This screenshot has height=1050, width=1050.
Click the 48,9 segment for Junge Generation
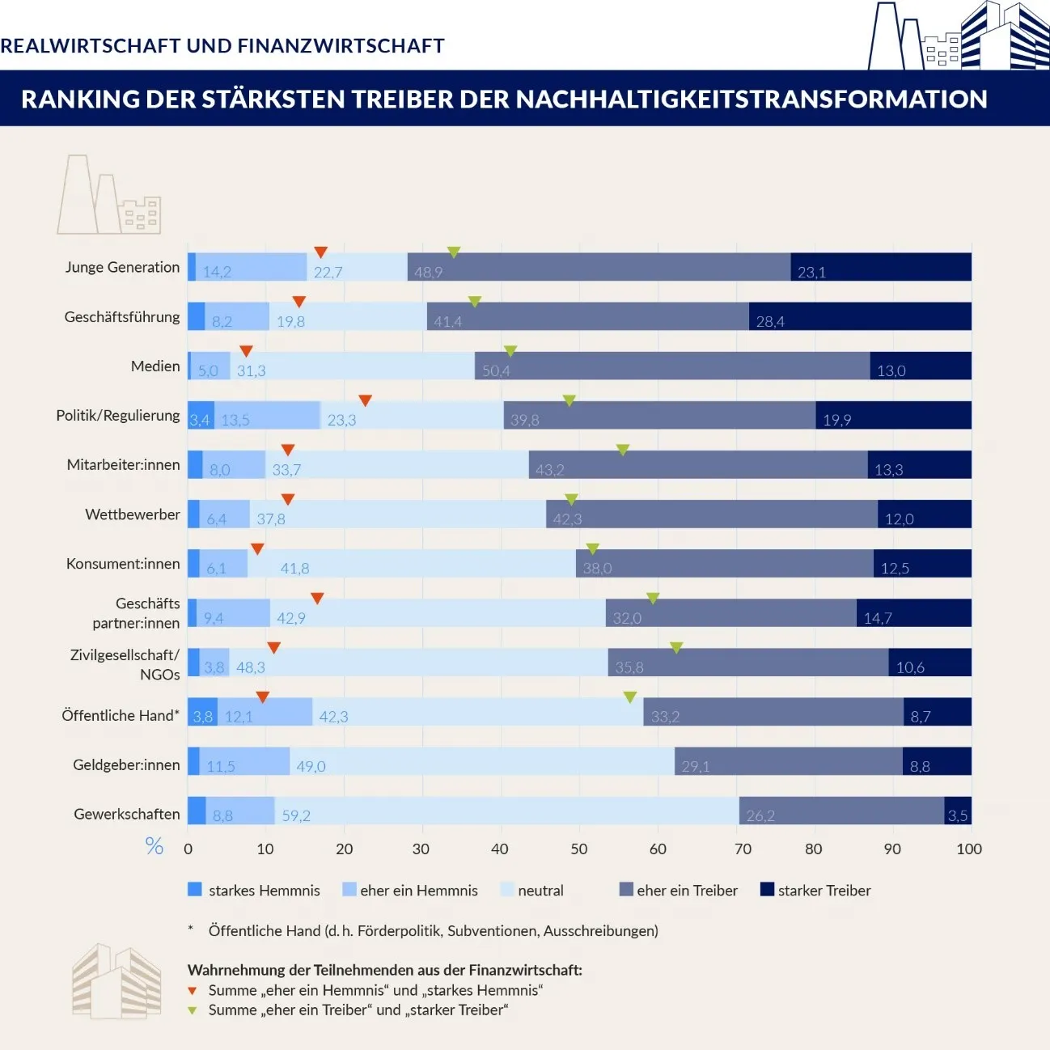599,267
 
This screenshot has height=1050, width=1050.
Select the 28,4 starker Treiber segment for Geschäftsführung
860,316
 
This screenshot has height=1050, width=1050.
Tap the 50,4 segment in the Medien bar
672,366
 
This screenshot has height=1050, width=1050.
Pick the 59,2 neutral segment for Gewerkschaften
506,811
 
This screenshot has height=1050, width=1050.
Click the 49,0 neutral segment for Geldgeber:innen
482,761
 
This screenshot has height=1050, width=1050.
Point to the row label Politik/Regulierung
118,415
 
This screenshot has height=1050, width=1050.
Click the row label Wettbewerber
133,514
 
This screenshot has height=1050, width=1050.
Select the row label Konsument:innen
123,564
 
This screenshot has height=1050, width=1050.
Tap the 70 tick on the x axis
743,849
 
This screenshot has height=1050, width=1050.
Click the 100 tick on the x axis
969,849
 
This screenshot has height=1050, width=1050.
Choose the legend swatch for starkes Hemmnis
195,890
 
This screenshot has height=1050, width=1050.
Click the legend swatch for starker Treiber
768,890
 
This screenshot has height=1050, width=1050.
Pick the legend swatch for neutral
507,890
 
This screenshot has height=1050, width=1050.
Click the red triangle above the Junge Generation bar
320,252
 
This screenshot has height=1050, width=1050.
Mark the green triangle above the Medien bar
510,351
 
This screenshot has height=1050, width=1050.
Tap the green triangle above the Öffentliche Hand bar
630,696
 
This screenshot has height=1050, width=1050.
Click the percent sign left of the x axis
154,846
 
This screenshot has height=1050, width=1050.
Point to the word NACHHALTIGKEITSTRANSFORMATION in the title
752,99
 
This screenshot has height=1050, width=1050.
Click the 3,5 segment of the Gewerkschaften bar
958,811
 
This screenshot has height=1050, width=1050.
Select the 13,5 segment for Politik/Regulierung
267,415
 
